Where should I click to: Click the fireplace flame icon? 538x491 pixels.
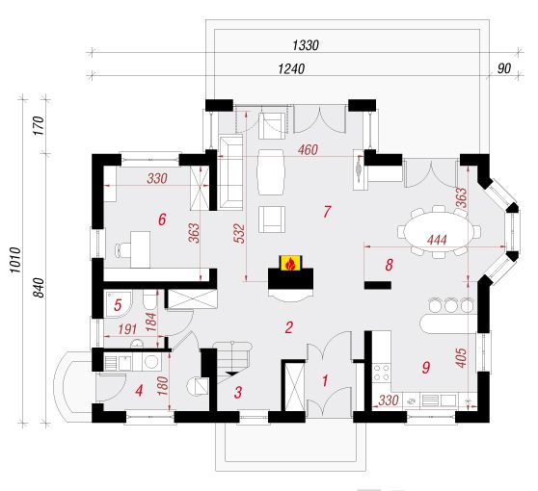click(290, 264)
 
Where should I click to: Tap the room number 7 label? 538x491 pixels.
click(327, 212)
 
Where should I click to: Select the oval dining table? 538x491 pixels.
click(439, 231)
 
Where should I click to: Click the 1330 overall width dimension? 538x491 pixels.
click(306, 45)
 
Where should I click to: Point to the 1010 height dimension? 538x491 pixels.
click(15, 260)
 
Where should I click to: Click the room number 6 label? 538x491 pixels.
click(162, 220)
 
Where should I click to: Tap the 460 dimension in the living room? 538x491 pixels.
click(308, 150)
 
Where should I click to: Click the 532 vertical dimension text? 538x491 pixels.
click(240, 233)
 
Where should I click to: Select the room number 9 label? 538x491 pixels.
click(425, 368)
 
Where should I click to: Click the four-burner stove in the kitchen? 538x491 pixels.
click(382, 373)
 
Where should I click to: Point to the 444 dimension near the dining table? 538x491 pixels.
click(437, 240)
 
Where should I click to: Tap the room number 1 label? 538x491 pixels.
click(325, 380)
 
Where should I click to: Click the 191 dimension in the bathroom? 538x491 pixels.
click(127, 329)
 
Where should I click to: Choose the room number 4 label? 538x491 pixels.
click(139, 390)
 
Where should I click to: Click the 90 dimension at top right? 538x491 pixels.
click(504, 68)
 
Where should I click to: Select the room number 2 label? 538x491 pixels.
click(289, 327)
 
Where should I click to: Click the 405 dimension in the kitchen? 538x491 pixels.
click(462, 358)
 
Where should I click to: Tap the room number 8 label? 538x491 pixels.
click(389, 265)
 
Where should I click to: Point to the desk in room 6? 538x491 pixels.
click(140, 249)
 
